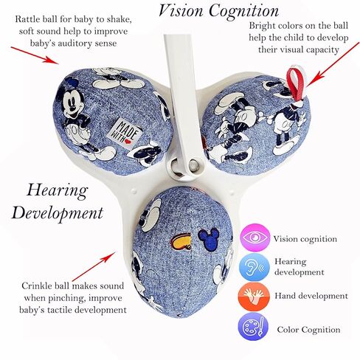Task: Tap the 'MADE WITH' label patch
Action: point(126,133)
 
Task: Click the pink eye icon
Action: point(255,238)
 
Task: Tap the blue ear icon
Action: point(254,267)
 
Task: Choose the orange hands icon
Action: point(254,297)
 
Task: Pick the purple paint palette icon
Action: point(253,326)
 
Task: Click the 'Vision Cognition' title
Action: point(218,11)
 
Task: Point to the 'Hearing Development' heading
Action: point(58,202)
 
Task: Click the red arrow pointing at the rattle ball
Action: point(35,55)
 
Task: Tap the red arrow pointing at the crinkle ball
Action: point(94,266)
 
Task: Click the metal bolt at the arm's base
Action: point(193,165)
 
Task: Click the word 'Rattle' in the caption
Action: point(27,19)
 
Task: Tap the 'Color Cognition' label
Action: point(308,330)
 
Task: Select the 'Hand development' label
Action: point(311,296)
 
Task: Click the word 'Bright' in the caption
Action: point(262,26)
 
